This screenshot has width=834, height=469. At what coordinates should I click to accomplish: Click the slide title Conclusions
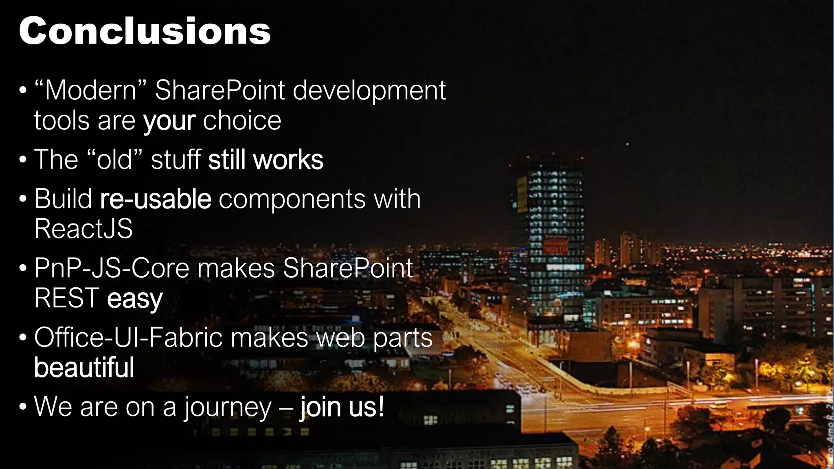pyautogui.click(x=145, y=31)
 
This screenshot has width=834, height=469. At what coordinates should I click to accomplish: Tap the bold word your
pyautogui.click(x=169, y=121)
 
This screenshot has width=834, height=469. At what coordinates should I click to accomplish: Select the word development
pyautogui.click(x=369, y=91)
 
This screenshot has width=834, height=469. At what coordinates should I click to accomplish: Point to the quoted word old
pyautogui.click(x=114, y=160)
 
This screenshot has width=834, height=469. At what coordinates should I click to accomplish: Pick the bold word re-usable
pyautogui.click(x=156, y=199)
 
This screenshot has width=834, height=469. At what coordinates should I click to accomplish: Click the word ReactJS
pyautogui.click(x=83, y=229)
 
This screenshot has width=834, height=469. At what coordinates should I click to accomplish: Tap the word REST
pyautogui.click(x=67, y=298)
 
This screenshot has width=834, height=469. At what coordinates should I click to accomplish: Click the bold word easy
pyautogui.click(x=135, y=299)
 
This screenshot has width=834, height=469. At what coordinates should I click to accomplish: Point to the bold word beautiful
pyautogui.click(x=84, y=367)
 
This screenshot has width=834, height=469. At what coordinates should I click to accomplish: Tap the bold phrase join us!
pyautogui.click(x=342, y=407)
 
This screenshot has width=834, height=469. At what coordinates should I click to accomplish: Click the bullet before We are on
pyautogui.click(x=23, y=407)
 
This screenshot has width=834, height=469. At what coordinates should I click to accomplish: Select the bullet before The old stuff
pyautogui.click(x=23, y=160)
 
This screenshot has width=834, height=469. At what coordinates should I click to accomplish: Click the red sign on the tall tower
pyautogui.click(x=555, y=246)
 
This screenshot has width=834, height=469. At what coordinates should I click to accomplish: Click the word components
pyautogui.click(x=292, y=199)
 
